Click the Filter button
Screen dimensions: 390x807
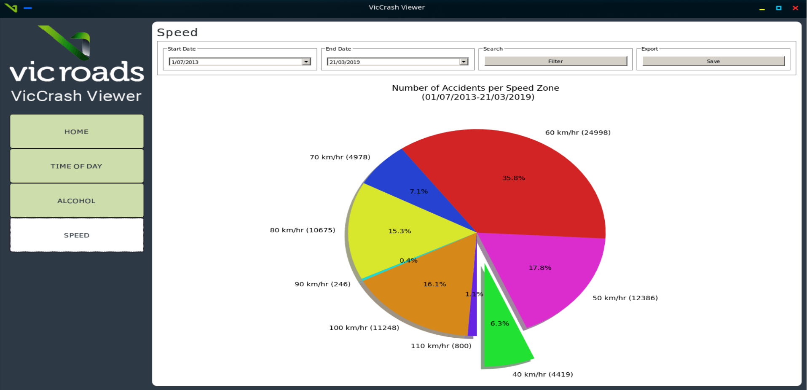pyautogui.click(x=555, y=61)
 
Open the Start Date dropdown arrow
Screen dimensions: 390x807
pyautogui.click(x=306, y=62)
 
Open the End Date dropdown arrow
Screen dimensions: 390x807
pyautogui.click(x=464, y=62)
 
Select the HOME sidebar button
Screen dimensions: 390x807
pyautogui.click(x=77, y=132)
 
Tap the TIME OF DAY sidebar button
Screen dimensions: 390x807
pyautogui.click(x=77, y=166)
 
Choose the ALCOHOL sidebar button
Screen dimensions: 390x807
pyautogui.click(x=77, y=201)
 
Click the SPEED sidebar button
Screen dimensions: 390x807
pyautogui.click(x=77, y=235)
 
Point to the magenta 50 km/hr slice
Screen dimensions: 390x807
pyautogui.click(x=548, y=278)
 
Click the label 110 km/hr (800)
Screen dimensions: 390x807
pyautogui.click(x=441, y=346)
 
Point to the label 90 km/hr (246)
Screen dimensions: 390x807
pyautogui.click(x=322, y=284)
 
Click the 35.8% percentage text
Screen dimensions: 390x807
pyautogui.click(x=513, y=178)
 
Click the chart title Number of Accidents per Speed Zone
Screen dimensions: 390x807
pyautogui.click(x=475, y=88)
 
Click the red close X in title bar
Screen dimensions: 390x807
pyautogui.click(x=795, y=8)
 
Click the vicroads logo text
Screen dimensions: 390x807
pyautogui.click(x=77, y=72)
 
